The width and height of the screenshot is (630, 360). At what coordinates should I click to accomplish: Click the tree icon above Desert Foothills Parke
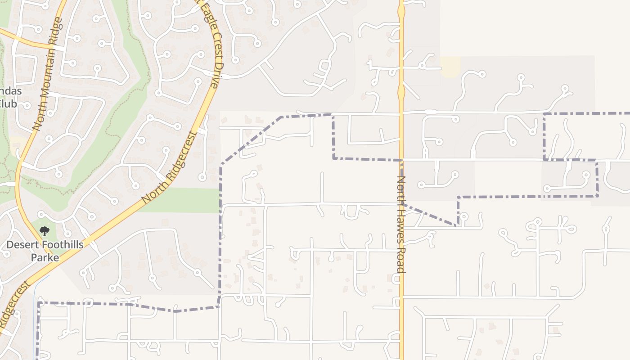click(x=44, y=232)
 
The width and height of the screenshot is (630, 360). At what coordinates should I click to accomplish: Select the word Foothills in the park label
click(x=62, y=245)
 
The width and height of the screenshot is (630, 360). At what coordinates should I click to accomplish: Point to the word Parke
click(x=45, y=258)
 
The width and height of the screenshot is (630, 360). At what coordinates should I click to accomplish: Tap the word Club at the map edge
click(x=7, y=104)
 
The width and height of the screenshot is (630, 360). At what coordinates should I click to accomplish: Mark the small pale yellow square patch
click(x=450, y=66)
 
